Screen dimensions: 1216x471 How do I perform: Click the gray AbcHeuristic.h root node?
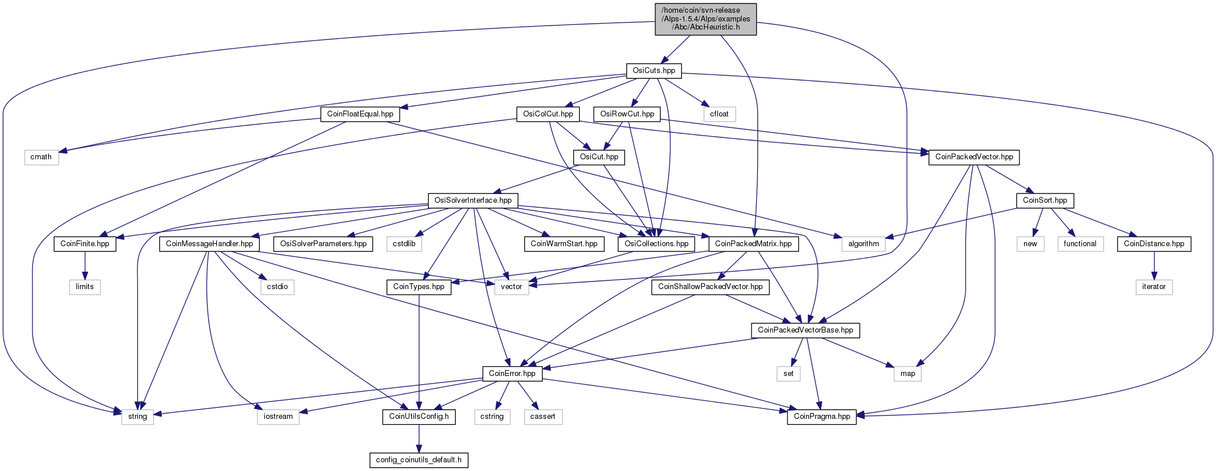[706, 19]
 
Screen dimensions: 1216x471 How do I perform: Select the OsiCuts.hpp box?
[654, 71]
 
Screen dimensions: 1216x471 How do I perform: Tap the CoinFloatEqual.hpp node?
[360, 114]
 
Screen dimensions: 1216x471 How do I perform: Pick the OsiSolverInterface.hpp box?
[473, 200]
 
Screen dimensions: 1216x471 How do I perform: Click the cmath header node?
[41, 157]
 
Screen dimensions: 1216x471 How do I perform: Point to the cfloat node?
[719, 114]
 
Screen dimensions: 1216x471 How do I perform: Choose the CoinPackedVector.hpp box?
[974, 157]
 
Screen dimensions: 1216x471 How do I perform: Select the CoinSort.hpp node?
[1045, 200]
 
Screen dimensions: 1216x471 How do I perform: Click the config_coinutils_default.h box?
[419, 460]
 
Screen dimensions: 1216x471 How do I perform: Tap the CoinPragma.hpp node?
[822, 417]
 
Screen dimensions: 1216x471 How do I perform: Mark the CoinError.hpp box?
[512, 374]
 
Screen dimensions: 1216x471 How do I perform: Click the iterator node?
[1154, 287]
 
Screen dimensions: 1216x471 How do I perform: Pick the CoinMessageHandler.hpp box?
[209, 244]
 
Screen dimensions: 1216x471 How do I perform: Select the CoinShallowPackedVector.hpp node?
[710, 287]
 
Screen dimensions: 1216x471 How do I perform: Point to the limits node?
[85, 287]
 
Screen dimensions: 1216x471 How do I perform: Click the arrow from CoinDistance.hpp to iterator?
[1154, 265]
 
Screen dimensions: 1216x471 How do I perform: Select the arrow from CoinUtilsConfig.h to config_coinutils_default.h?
[419, 438]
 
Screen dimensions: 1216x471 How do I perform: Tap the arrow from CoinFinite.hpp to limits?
[85, 265]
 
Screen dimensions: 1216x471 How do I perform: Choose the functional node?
[1080, 244]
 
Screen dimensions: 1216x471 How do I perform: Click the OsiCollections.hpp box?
[656, 244]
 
